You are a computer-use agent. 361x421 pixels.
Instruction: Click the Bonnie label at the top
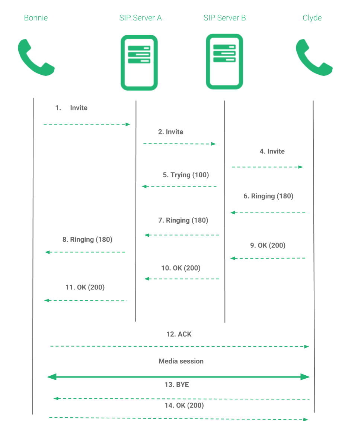click(x=36, y=17)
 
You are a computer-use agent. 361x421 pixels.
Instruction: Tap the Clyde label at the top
click(x=312, y=17)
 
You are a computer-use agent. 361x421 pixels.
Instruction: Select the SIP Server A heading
click(x=140, y=17)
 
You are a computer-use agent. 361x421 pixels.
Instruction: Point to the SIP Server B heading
click(x=224, y=17)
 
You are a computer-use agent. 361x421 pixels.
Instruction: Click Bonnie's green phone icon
click(x=36, y=58)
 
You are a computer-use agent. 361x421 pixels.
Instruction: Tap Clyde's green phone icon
click(x=314, y=58)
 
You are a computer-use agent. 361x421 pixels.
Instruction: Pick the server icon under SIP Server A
click(x=139, y=62)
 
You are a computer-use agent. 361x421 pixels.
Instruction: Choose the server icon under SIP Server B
click(x=224, y=62)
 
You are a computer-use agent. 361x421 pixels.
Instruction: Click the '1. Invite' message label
click(x=71, y=108)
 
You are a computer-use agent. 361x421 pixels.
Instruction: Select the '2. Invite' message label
click(x=170, y=132)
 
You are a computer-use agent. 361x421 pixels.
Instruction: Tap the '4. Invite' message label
click(x=272, y=151)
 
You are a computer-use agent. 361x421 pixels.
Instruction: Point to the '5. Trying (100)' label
click(x=186, y=175)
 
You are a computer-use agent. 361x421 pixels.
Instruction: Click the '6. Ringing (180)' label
click(x=268, y=196)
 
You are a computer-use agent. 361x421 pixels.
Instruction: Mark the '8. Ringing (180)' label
click(x=87, y=240)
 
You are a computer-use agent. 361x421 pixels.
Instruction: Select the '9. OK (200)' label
click(x=268, y=245)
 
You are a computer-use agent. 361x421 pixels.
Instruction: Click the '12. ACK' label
click(x=179, y=334)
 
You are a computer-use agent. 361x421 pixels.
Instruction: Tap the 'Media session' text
click(x=181, y=361)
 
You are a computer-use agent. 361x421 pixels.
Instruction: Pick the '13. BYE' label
click(x=177, y=385)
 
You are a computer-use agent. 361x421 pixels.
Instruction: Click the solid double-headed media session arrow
click(x=179, y=377)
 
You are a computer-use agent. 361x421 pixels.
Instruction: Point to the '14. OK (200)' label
click(x=184, y=405)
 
